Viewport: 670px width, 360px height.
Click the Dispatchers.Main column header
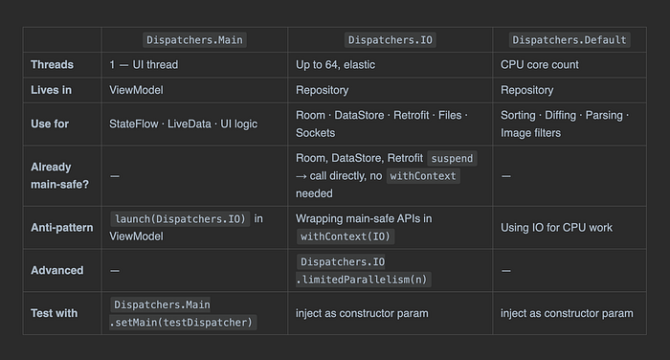coord(194,40)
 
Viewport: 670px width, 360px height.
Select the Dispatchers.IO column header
coord(391,40)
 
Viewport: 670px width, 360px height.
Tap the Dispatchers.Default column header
coord(569,40)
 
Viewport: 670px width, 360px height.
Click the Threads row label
coord(52,64)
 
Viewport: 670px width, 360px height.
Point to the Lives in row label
coord(52,90)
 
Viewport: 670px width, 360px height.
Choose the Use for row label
coord(50,124)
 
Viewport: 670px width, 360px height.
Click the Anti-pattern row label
coord(62,228)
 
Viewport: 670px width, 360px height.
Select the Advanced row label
coord(57,270)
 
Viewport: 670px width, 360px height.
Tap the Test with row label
coord(55,313)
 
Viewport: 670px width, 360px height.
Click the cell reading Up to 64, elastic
coord(335,64)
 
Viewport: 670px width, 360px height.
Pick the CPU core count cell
coord(539,64)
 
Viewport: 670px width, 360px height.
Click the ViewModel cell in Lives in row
coord(136,90)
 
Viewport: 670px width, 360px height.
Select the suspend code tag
coord(452,158)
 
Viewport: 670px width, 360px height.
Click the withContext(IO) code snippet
coord(346,236)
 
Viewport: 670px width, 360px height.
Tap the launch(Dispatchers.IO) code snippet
coord(180,219)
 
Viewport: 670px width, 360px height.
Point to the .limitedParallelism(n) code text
coord(363,280)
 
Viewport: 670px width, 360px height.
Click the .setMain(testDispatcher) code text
coord(183,323)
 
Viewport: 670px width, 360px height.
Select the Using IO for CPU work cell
coord(556,228)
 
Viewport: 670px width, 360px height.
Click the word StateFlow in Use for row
coord(134,124)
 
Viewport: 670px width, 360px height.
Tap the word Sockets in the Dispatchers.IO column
coord(315,133)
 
